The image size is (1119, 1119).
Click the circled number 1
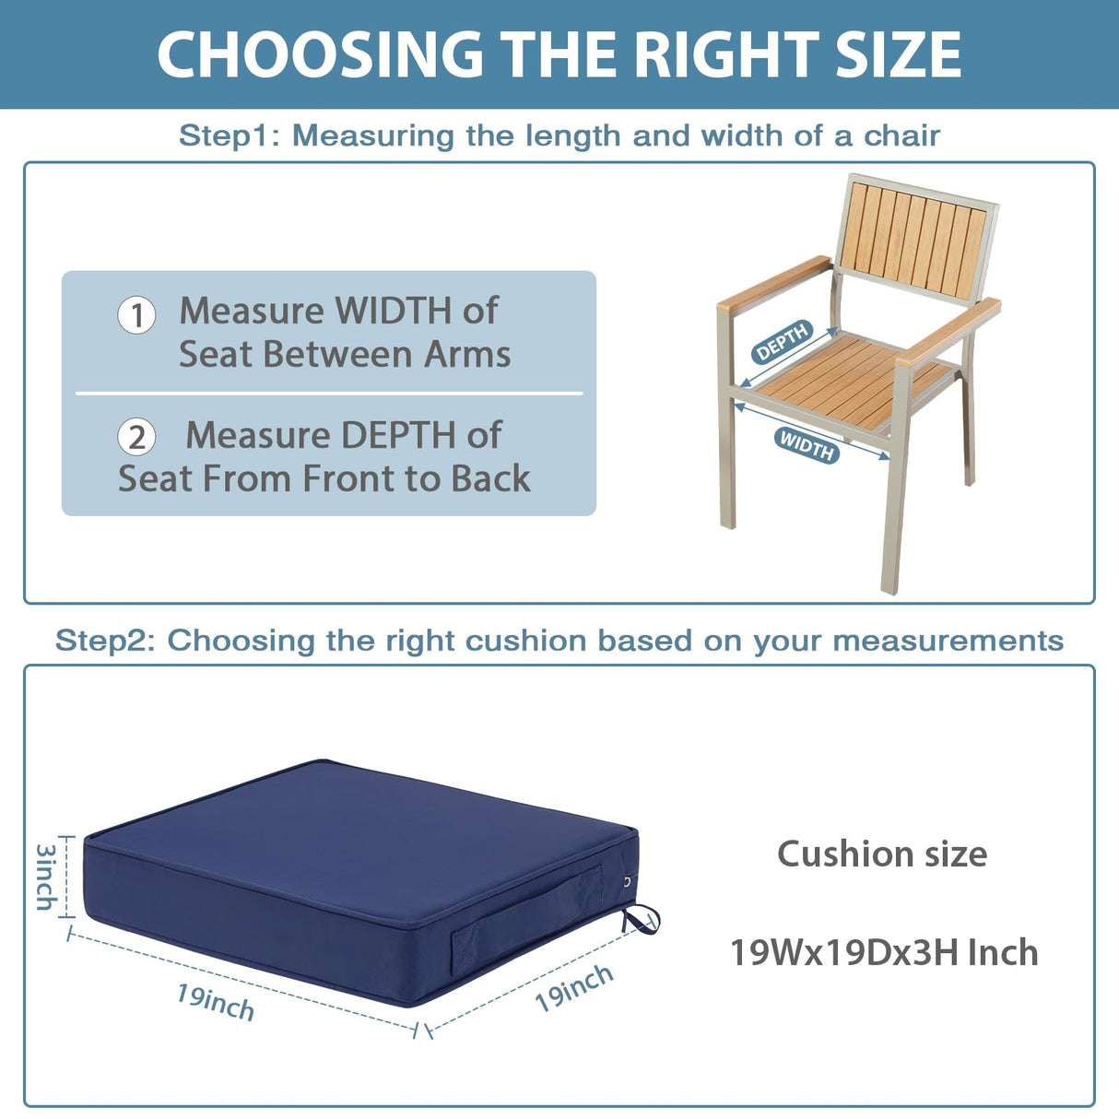tap(136, 315)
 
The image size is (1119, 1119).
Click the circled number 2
tap(136, 437)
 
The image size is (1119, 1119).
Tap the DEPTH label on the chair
tap(782, 342)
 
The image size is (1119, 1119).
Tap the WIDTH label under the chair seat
tap(807, 445)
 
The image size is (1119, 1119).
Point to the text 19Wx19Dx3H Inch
tap(883, 952)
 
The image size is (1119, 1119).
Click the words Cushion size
tap(881, 854)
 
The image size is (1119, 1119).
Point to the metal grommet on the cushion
tap(628, 882)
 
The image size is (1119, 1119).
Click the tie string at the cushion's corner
tap(642, 918)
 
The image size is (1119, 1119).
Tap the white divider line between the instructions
tap(329, 394)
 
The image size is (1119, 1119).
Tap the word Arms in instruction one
tap(466, 355)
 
